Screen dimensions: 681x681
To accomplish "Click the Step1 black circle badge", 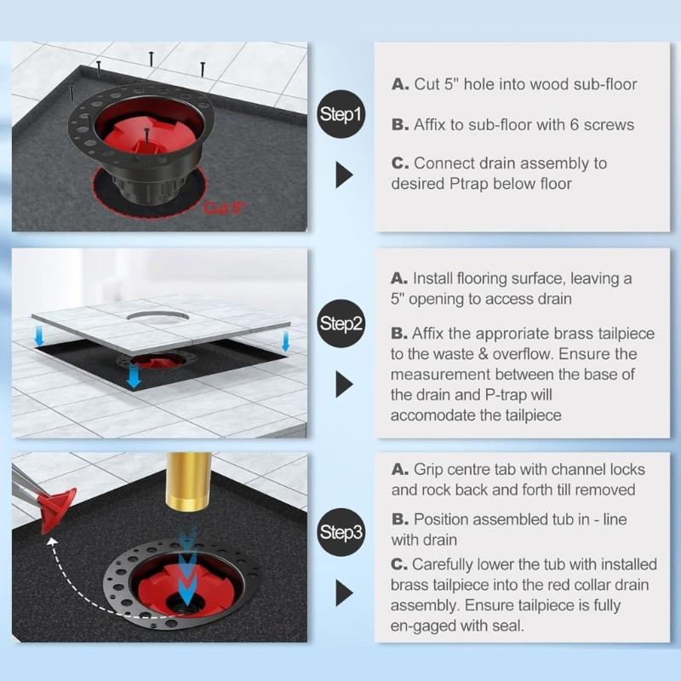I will click(341, 114).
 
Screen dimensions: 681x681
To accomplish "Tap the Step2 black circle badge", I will click(341, 323).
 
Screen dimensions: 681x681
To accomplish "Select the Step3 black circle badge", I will click(341, 533).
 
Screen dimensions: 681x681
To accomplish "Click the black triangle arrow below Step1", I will click(344, 175).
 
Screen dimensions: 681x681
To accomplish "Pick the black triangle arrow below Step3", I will click(344, 592).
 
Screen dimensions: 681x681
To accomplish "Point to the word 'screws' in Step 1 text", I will click(607, 124).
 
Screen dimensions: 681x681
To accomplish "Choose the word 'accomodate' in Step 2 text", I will click(432, 415).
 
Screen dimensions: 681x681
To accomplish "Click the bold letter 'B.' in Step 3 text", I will click(400, 518).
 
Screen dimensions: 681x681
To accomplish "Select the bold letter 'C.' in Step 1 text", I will click(400, 163).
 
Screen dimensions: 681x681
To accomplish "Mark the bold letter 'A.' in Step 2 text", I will click(400, 278).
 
